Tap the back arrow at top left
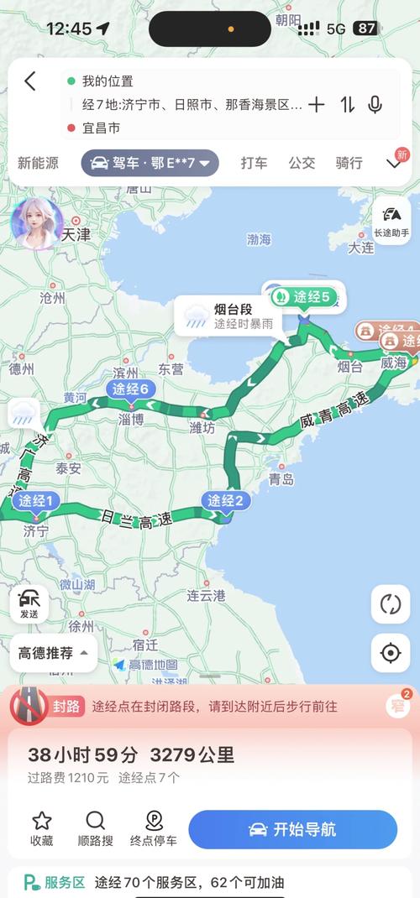click(30, 81)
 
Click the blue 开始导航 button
click(292, 829)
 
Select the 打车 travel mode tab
click(254, 163)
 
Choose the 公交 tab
click(302, 163)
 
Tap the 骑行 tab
click(349, 163)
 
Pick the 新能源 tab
click(39, 163)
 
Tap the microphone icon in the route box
click(375, 105)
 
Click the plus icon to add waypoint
click(316, 105)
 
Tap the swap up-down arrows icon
click(347, 105)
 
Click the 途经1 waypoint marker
click(36, 503)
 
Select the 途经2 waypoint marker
click(225, 502)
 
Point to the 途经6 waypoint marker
click(131, 389)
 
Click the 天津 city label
click(76, 236)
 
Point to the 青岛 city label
click(281, 480)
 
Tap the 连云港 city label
click(206, 596)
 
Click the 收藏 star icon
click(42, 828)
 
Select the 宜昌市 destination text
click(102, 128)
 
